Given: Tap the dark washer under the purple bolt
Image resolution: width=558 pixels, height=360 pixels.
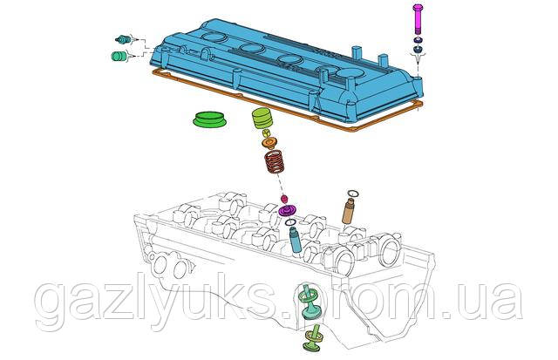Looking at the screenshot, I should (x=418, y=51).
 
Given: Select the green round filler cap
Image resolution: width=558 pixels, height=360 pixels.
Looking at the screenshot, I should (x=208, y=119).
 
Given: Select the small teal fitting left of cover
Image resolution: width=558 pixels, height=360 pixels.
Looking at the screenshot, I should (x=123, y=40).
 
